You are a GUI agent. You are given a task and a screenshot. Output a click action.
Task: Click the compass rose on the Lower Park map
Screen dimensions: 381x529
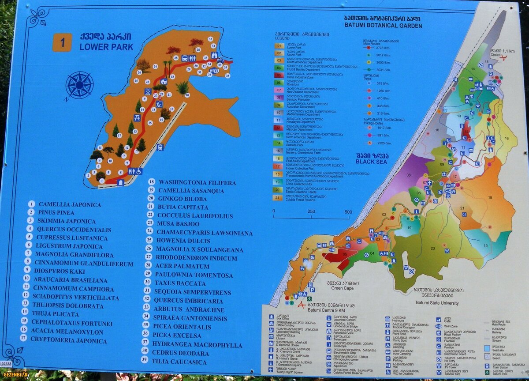pyautogui.click(x=79, y=85)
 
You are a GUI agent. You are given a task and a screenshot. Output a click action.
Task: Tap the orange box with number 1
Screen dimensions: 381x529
pyautogui.click(x=62, y=42)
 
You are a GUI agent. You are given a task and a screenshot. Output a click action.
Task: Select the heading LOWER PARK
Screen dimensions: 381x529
pyautogui.click(x=106, y=47)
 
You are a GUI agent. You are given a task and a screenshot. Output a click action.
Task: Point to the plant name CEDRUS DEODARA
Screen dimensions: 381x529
pyautogui.click(x=180, y=353)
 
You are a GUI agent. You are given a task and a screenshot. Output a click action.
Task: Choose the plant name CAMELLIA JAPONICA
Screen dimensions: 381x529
pyautogui.click(x=70, y=205)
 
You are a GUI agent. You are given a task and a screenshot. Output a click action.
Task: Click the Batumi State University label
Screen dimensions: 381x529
pyautogui.click(x=437, y=303)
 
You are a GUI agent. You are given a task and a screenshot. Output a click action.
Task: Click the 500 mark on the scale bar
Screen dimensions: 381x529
pyautogui.click(x=348, y=211)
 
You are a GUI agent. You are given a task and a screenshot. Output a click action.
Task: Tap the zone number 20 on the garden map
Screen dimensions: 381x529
pyautogui.click(x=432, y=248)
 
